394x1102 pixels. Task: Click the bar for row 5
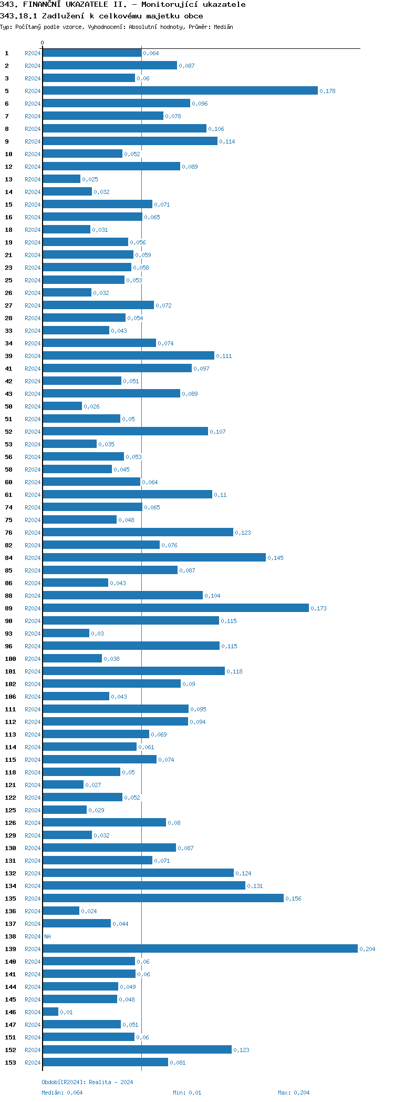tap(180, 91)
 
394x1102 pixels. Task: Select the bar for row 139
tap(200, 949)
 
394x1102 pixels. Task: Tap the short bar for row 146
tap(50, 1012)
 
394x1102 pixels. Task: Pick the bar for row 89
tap(175, 608)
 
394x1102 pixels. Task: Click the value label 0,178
tap(327, 91)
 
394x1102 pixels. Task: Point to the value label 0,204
tap(367, 950)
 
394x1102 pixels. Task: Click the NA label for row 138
tap(47, 937)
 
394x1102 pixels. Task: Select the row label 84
tap(9, 558)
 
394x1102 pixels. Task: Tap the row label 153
tap(11, 1063)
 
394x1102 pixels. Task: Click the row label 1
tap(7, 53)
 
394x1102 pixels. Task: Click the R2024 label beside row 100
tap(33, 659)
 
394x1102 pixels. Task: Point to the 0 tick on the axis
tap(43, 43)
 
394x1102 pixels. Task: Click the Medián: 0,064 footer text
tap(62, 1093)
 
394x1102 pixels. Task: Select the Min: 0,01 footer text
tap(187, 1093)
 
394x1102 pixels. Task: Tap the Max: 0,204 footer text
tap(294, 1093)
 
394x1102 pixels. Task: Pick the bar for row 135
tap(163, 899)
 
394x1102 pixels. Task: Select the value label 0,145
tap(275, 558)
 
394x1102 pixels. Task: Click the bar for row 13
tap(61, 179)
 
